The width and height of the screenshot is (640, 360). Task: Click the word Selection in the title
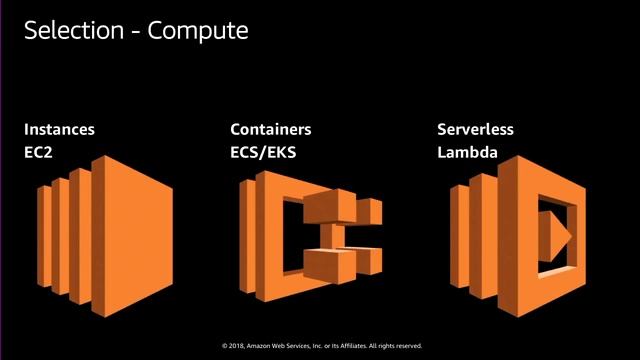[76, 31]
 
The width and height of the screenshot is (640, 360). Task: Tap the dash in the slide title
[136, 32]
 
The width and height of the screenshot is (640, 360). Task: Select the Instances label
[60, 130]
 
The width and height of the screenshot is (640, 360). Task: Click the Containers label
[270, 130]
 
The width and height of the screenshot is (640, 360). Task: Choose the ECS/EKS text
[264, 155]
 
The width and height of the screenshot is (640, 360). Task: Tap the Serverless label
[477, 130]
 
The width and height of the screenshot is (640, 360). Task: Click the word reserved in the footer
[408, 346]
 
